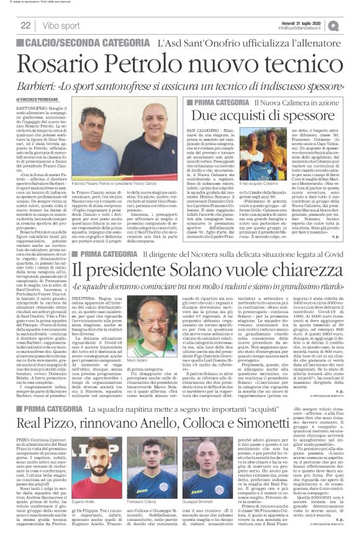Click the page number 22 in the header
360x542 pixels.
(x=26, y=25)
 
